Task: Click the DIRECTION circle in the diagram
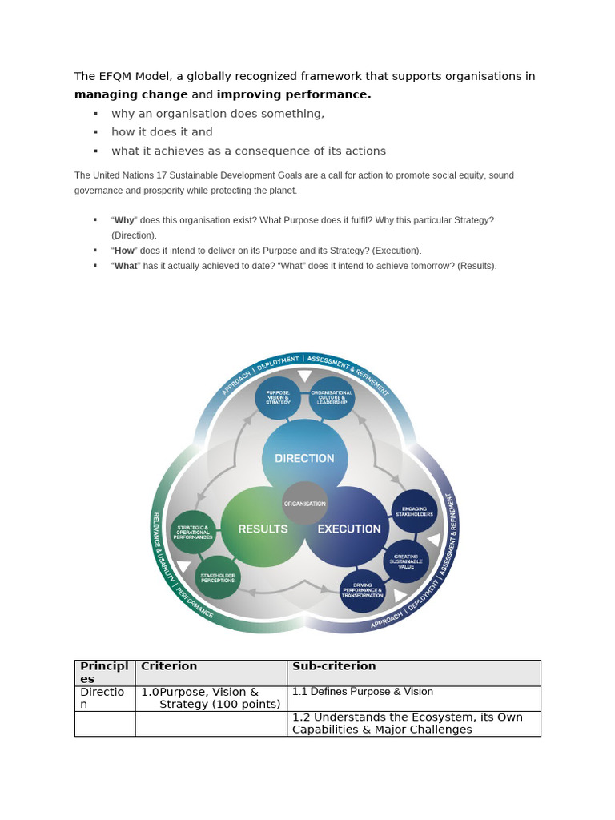(304, 457)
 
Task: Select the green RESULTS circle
(263, 528)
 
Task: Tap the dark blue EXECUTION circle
(348, 528)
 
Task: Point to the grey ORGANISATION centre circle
(304, 503)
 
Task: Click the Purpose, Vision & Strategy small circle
(278, 397)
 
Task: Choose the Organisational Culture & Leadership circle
(332, 397)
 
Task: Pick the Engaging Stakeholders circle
(414, 512)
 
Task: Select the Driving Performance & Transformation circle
(363, 592)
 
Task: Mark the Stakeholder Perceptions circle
(217, 577)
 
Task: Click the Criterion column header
(169, 666)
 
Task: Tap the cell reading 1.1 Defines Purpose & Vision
(363, 692)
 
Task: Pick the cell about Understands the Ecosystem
(407, 723)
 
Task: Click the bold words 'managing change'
(131, 94)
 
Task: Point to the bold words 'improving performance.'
(294, 94)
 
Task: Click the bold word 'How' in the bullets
(124, 251)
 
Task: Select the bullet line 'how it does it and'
(162, 132)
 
